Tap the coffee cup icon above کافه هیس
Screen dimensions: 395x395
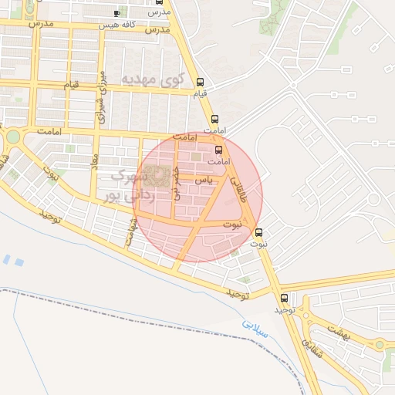116,13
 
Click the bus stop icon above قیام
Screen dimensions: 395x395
201,82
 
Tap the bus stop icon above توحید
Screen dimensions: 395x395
285,298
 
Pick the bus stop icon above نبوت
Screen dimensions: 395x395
258,232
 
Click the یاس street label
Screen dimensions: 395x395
202,179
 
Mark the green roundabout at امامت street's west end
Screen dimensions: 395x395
13,137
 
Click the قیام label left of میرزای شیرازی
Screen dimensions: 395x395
70,84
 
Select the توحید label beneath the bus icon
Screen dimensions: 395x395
285,309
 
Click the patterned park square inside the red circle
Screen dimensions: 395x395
159,176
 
